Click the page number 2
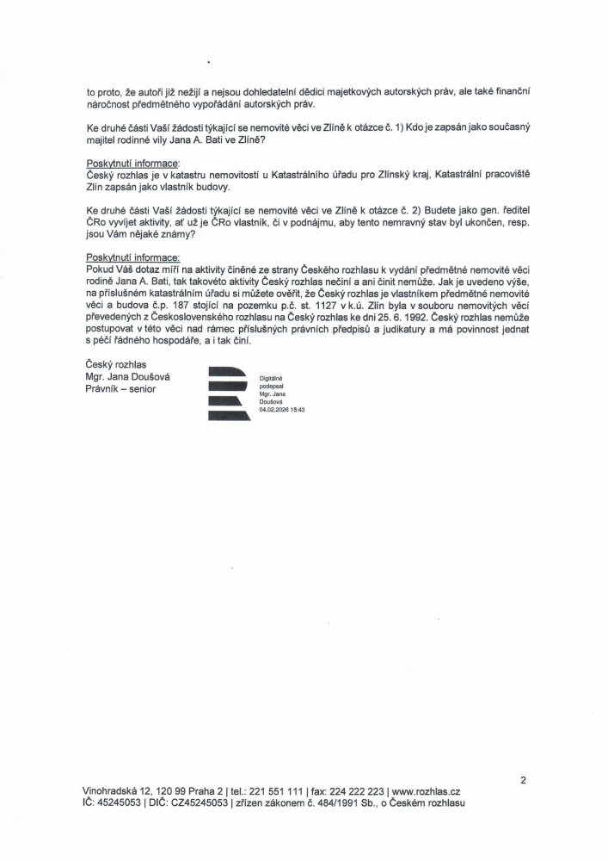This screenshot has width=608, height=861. click(523, 779)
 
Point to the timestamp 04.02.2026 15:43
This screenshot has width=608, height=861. click(282, 411)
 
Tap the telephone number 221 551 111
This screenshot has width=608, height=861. click(272, 790)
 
